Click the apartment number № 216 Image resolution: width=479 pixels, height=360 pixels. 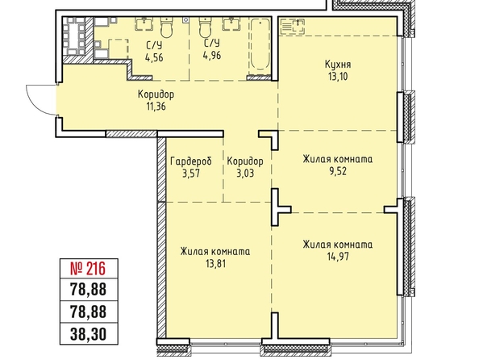88,269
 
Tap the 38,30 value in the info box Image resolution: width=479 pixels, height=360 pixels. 88,334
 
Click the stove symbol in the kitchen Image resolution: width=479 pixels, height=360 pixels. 293,26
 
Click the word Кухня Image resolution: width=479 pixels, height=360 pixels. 338,65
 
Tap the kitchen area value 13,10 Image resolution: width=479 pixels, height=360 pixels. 338,76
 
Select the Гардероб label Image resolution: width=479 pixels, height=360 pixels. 191,161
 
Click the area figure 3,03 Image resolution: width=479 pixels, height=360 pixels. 245,174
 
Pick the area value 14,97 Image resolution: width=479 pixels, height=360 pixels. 338,257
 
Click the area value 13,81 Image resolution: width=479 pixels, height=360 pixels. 215,263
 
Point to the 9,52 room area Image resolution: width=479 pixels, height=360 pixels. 338,171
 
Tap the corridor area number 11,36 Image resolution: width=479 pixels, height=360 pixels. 156,106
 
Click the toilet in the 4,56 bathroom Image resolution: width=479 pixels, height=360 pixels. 167,27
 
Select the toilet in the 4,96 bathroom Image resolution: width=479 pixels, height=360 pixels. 206,27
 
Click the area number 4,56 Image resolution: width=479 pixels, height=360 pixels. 154,57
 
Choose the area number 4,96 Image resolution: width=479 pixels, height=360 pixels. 212,56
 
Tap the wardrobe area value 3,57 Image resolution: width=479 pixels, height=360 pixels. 191,174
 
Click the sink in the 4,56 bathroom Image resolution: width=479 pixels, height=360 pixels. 144,24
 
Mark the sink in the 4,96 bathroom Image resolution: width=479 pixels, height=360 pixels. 232,24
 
